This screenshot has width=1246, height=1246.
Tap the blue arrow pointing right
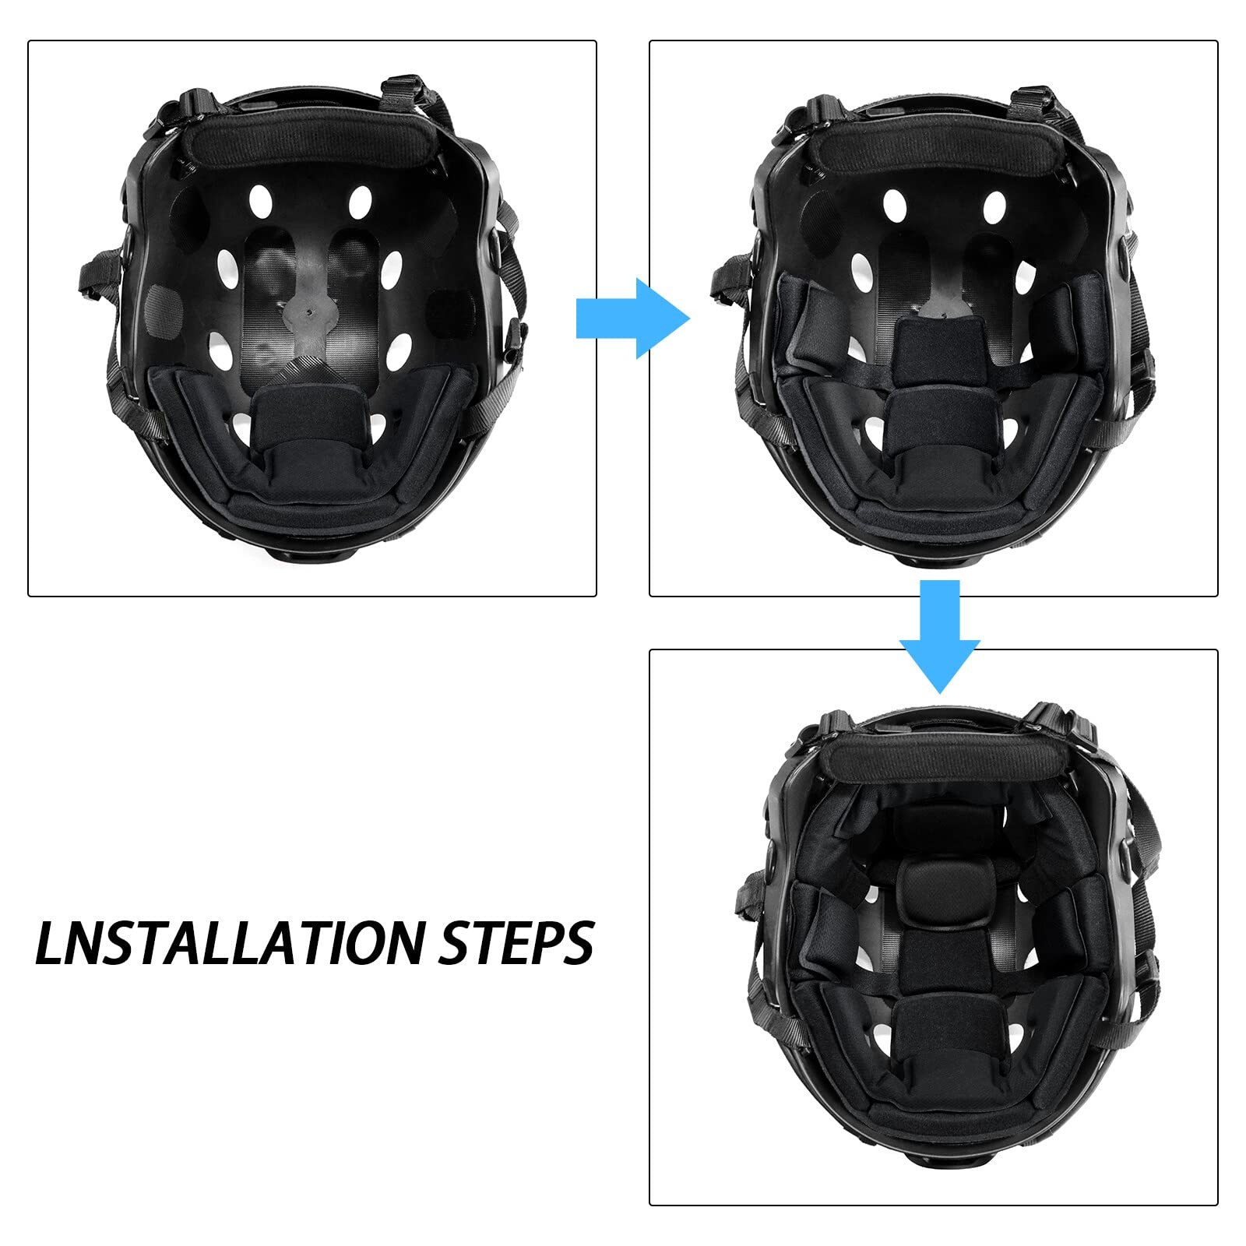[x=632, y=318]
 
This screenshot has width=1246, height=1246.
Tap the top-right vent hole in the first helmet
[x=360, y=201]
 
